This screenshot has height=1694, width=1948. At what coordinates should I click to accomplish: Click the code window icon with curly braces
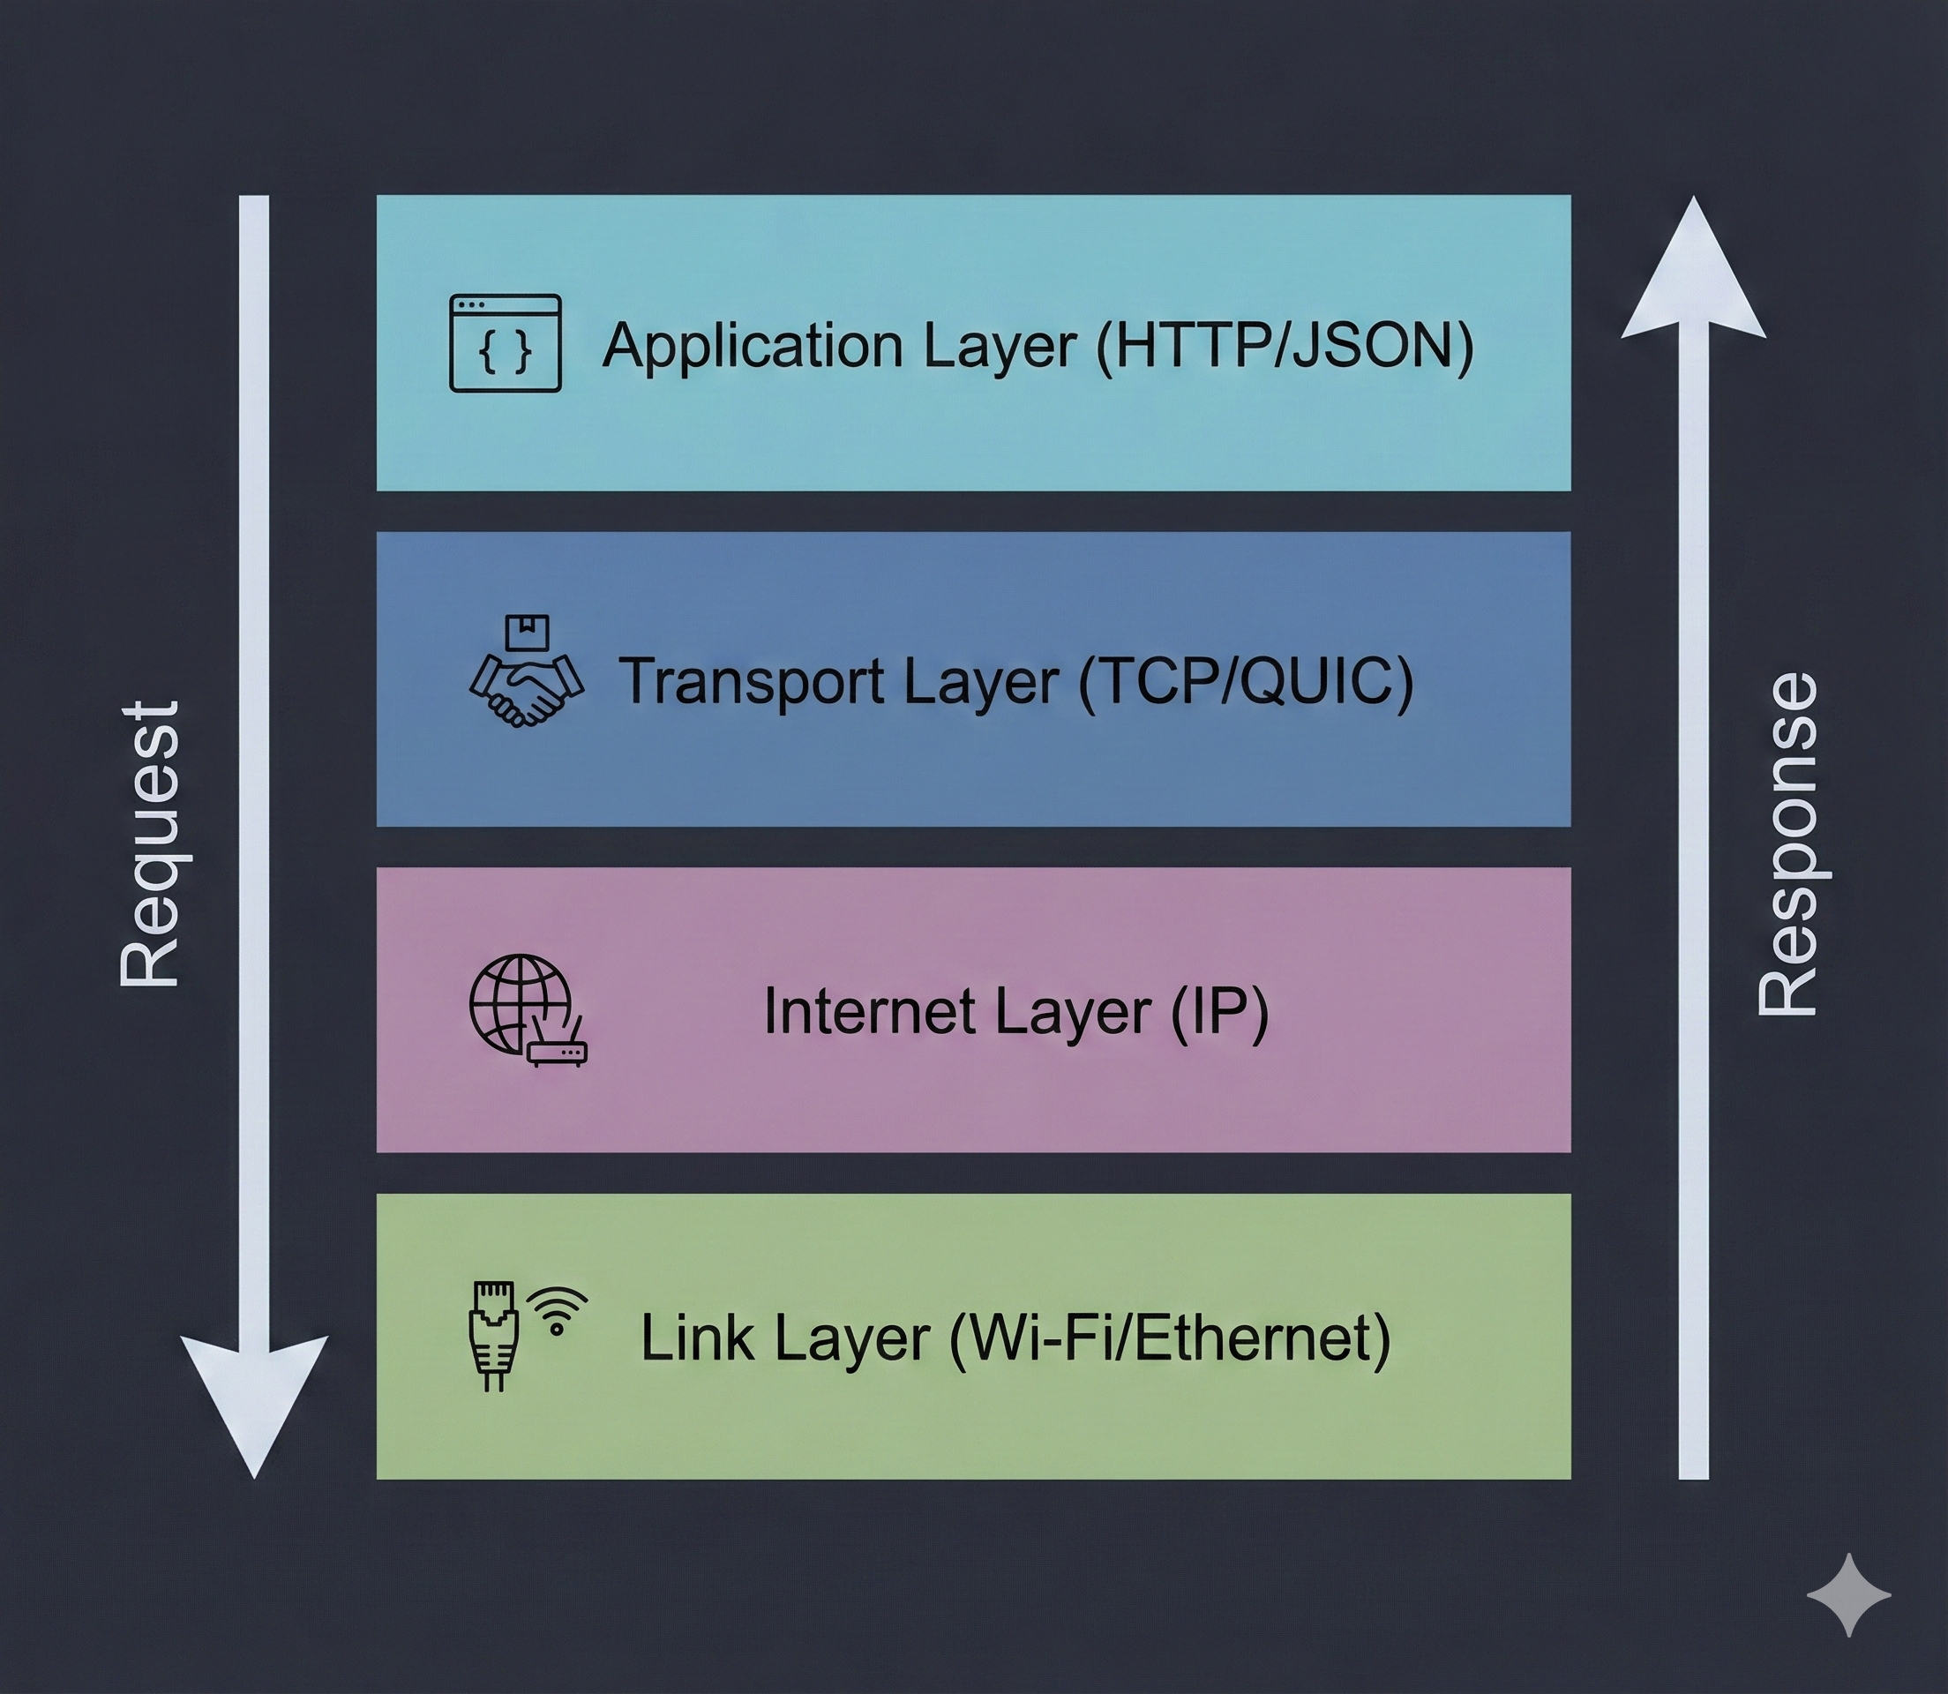click(x=505, y=343)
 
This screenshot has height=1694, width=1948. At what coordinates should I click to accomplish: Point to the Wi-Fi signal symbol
click(x=557, y=1310)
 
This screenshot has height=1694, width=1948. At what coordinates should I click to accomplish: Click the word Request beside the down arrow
click(x=149, y=843)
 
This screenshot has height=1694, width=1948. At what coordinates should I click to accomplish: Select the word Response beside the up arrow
click(x=1787, y=843)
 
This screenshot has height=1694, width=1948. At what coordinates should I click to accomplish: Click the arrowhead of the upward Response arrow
click(x=1693, y=274)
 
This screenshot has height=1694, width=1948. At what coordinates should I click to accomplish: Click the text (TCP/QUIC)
click(x=1246, y=680)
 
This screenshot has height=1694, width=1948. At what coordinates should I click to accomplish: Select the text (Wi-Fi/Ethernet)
click(x=1168, y=1338)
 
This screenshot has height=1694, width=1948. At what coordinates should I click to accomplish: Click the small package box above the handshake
click(x=528, y=633)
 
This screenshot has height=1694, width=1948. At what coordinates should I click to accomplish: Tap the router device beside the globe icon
click(x=557, y=1049)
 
